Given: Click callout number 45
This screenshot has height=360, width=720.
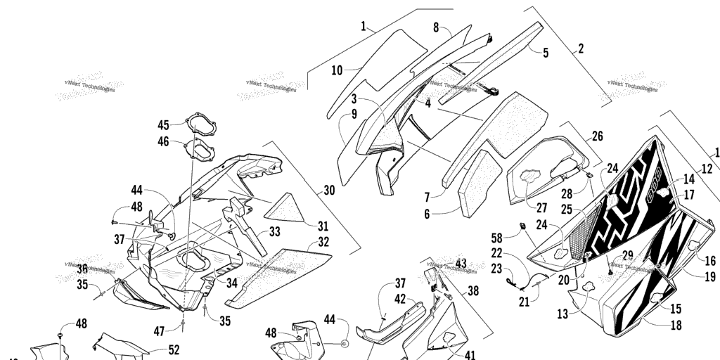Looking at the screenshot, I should coord(163,125).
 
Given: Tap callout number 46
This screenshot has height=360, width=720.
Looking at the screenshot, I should coord(163,141).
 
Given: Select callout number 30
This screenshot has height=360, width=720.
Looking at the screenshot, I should coord(329,191).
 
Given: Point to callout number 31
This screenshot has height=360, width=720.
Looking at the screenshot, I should coord(323,226).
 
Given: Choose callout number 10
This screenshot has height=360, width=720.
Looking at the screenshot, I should coord(337,70).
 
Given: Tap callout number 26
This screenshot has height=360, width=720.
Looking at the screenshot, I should coord(597,136).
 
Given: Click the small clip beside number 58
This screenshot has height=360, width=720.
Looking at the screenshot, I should coord(522,226).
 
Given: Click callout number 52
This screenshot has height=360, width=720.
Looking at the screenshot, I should coord(173,349).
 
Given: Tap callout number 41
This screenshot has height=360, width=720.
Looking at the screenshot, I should coord(469,356).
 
